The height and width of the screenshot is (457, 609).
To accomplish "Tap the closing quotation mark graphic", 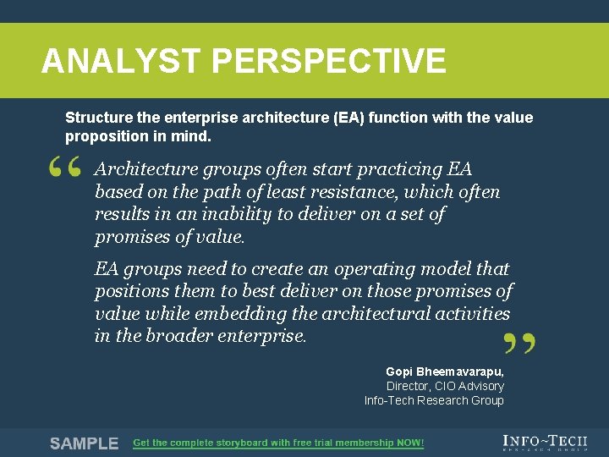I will click(x=518, y=342).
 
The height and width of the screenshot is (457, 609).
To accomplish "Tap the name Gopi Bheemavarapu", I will click(x=444, y=372).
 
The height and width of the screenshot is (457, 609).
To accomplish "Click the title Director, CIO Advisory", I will click(x=445, y=386).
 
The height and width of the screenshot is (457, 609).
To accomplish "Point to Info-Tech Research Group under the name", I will click(x=434, y=400).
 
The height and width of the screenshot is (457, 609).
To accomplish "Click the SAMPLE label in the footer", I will click(x=84, y=443).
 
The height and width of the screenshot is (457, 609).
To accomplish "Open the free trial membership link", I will click(x=278, y=443).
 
